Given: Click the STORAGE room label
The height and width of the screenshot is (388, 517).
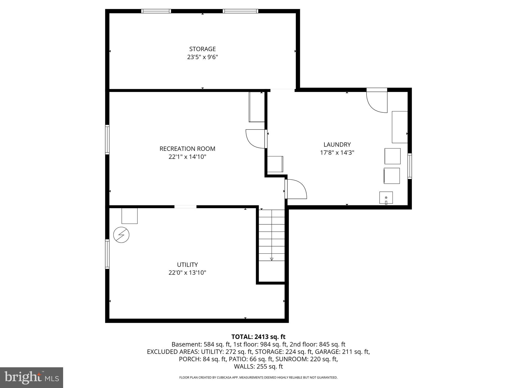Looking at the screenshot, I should pyautogui.click(x=202, y=49).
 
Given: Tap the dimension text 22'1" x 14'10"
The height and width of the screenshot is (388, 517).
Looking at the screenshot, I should pyautogui.click(x=187, y=157).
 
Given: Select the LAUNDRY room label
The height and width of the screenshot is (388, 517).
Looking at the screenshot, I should pyautogui.click(x=337, y=144).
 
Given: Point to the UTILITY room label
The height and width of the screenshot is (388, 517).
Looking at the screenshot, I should pyautogui.click(x=187, y=264).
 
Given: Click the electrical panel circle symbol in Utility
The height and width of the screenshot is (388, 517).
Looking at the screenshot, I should pyautogui.click(x=121, y=235).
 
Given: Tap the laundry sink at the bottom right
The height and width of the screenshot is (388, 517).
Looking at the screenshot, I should pyautogui.click(x=386, y=198).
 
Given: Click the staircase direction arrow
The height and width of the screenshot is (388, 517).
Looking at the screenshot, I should pyautogui.click(x=272, y=259).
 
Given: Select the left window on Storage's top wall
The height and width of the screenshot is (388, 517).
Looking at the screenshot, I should pyautogui.click(x=156, y=11).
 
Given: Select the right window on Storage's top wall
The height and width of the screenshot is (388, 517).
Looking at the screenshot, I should pyautogui.click(x=240, y=11).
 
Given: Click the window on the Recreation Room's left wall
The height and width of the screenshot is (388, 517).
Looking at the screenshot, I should pyautogui.click(x=107, y=139).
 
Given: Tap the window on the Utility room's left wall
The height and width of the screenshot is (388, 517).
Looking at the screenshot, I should pyautogui.click(x=107, y=254).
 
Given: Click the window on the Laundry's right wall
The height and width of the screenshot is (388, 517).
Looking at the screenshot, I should pyautogui.click(x=409, y=166).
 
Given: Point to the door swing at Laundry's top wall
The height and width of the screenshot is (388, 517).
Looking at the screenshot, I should pyautogui.click(x=377, y=101).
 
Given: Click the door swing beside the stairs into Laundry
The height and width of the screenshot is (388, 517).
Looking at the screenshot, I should pyautogui.click(x=296, y=189).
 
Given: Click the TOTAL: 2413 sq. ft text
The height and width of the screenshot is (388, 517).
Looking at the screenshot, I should pyautogui.click(x=258, y=337).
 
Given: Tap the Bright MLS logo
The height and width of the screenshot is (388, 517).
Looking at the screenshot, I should pyautogui.click(x=32, y=378).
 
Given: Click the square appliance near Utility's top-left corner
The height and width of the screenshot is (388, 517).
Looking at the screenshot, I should pyautogui.click(x=130, y=216).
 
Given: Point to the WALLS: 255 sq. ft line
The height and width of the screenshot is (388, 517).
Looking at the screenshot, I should pyautogui.click(x=258, y=367).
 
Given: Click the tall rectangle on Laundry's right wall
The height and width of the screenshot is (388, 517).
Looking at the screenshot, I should pyautogui.click(x=400, y=127).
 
